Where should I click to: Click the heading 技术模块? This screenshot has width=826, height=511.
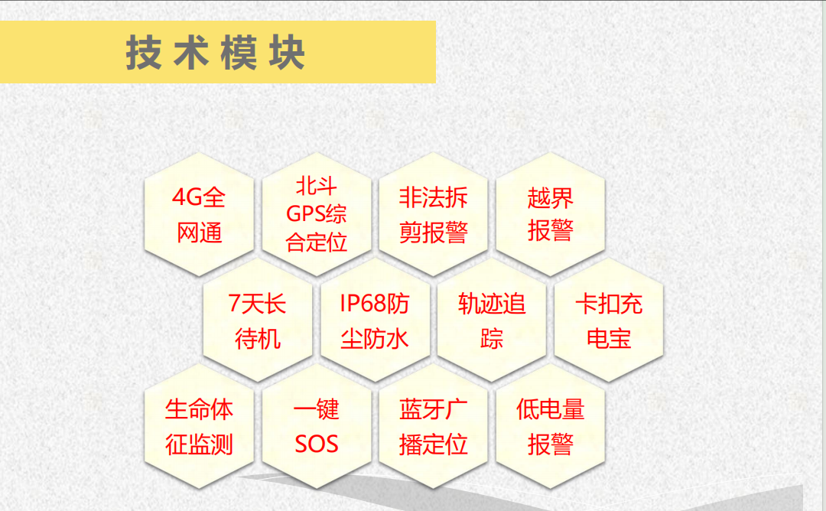coord(216,53)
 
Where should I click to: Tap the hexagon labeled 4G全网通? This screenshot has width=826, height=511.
coord(199,214)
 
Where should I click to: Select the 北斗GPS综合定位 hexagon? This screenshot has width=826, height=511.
coord(317,214)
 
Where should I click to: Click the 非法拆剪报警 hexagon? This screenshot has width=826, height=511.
coord(434,214)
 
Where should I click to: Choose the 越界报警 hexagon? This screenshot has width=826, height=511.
coord(551,214)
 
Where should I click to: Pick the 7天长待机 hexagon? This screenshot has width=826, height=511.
coord(258,320)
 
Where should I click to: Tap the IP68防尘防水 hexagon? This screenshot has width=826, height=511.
coord(375,320)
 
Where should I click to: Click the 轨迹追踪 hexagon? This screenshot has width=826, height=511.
coord(492,320)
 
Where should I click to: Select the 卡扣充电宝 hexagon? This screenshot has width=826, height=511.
coord(609,320)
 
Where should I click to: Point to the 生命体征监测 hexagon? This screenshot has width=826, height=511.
coord(199,425)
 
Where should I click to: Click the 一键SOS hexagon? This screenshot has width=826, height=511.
coord(317,425)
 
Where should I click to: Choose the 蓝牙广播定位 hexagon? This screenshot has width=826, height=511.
coord(434,425)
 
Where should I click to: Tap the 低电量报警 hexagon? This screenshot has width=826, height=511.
coord(551,425)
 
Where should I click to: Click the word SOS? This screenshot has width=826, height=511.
coord(316,444)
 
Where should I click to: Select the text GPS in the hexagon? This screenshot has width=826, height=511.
coord(305,214)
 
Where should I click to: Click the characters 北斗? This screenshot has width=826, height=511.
coord(316,186)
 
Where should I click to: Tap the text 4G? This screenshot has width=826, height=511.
coord(187,197)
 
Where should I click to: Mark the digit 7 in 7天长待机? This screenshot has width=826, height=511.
coord(234,304)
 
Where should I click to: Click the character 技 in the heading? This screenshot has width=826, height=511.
coord(143,53)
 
